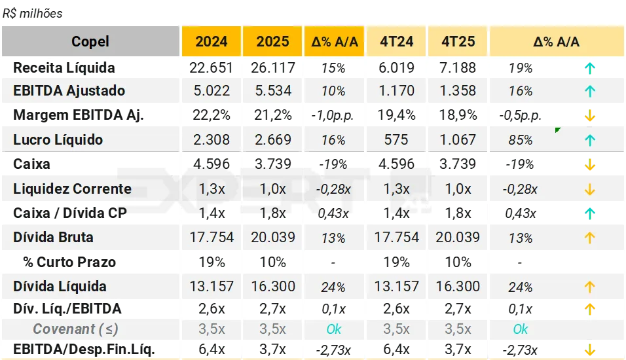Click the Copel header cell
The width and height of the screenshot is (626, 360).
90,42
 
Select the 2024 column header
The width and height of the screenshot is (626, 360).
212,42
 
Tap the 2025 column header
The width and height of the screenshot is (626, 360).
272,42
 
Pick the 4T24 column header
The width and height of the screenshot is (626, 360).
397,42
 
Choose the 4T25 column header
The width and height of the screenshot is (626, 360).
458,42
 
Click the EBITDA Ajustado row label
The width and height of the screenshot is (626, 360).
69,91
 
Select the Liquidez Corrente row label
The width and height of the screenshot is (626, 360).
72,189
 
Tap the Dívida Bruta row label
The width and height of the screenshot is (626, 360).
53,238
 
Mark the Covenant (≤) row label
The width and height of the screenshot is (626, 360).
76,329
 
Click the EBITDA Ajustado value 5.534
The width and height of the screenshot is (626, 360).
273,91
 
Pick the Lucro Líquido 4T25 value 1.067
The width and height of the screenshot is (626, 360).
458,139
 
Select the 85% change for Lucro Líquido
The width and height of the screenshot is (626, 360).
521,140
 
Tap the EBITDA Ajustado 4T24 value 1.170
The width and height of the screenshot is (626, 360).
397,91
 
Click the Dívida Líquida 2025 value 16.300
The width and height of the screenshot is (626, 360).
273,287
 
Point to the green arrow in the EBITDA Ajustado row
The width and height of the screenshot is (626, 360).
589,91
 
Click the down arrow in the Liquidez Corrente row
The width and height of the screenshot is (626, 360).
589,189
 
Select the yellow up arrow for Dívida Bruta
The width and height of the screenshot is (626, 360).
589,238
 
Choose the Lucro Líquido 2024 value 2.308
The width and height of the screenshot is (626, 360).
212,139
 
